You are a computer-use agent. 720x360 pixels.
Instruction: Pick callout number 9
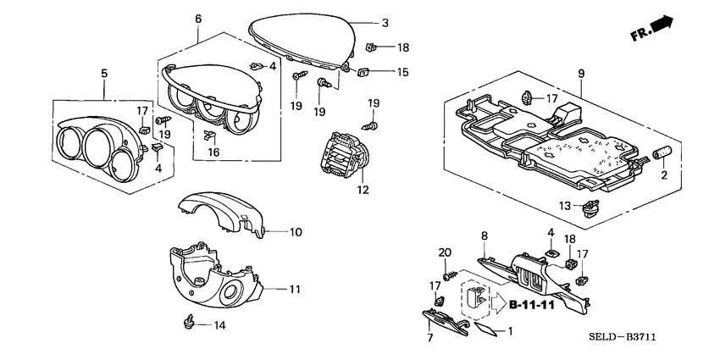point(581,75)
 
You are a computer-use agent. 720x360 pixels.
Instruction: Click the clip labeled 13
point(590,204)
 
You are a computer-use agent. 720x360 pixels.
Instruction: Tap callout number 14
point(220,325)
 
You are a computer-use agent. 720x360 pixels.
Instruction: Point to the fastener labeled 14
point(189,322)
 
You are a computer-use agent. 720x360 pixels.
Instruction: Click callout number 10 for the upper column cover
point(296,231)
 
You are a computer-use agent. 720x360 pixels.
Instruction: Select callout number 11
point(294,290)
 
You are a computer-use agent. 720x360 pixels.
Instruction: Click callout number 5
point(104,75)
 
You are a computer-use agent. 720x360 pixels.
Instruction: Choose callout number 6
point(197,19)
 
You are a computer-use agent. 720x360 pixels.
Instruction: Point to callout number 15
point(402,74)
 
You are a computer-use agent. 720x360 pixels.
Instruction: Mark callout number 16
point(213,152)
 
